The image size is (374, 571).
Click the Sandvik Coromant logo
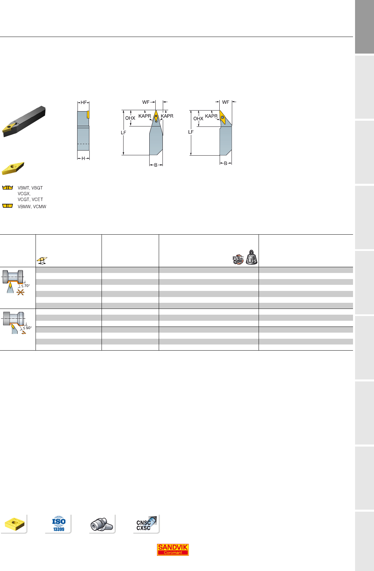[173, 549]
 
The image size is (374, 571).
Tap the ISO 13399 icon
[59, 524]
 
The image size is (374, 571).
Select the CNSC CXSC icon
[146, 524]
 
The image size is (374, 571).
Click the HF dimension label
[84, 102]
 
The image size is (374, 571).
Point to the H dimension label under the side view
[83, 158]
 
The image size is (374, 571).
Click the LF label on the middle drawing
[124, 133]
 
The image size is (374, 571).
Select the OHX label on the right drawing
[198, 119]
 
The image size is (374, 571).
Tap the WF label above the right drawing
[226, 102]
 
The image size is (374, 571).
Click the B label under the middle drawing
[156, 165]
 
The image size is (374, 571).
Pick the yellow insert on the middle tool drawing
[156, 116]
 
